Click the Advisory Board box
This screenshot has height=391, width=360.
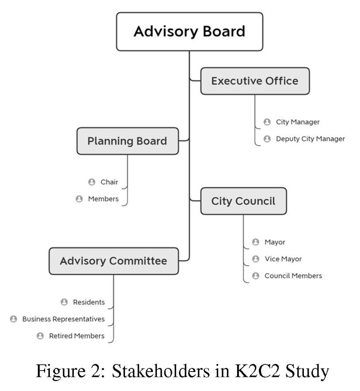(189, 31)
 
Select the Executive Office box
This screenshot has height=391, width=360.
(255, 81)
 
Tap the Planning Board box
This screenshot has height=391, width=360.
(127, 141)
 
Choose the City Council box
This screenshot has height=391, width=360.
(243, 201)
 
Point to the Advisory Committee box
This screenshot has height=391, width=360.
(114, 261)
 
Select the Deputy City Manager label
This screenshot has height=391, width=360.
(310, 139)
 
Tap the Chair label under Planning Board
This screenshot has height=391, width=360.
(109, 182)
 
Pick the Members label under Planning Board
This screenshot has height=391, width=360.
(103, 199)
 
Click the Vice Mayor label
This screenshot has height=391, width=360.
(283, 259)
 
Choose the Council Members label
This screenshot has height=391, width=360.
(293, 276)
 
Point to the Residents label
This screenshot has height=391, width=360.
(89, 302)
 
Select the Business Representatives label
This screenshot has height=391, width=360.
(64, 319)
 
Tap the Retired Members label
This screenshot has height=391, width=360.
(77, 336)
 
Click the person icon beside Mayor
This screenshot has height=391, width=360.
(255, 242)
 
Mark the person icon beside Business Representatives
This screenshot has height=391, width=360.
(14, 319)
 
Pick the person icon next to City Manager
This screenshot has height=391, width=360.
(267, 122)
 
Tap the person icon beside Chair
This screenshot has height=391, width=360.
(91, 182)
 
